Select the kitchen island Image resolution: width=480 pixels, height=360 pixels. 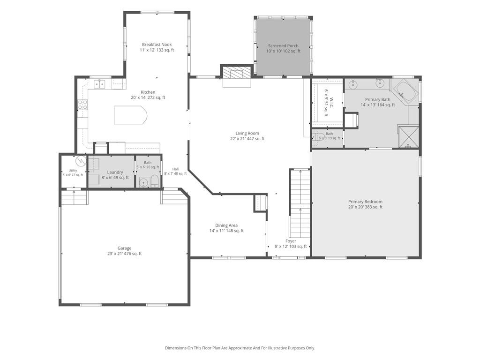click(130, 115)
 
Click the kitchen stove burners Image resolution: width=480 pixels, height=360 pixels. click(82, 105)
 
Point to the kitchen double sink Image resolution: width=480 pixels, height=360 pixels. click(99, 83)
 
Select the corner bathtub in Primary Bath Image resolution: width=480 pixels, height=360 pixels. click(405, 90)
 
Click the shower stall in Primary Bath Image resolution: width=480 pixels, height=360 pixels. click(409, 137)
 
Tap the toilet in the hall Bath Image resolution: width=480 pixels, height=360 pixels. click(155, 182)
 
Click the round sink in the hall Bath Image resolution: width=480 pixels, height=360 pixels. click(143, 183)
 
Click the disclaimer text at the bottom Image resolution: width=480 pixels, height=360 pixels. click(240, 348)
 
